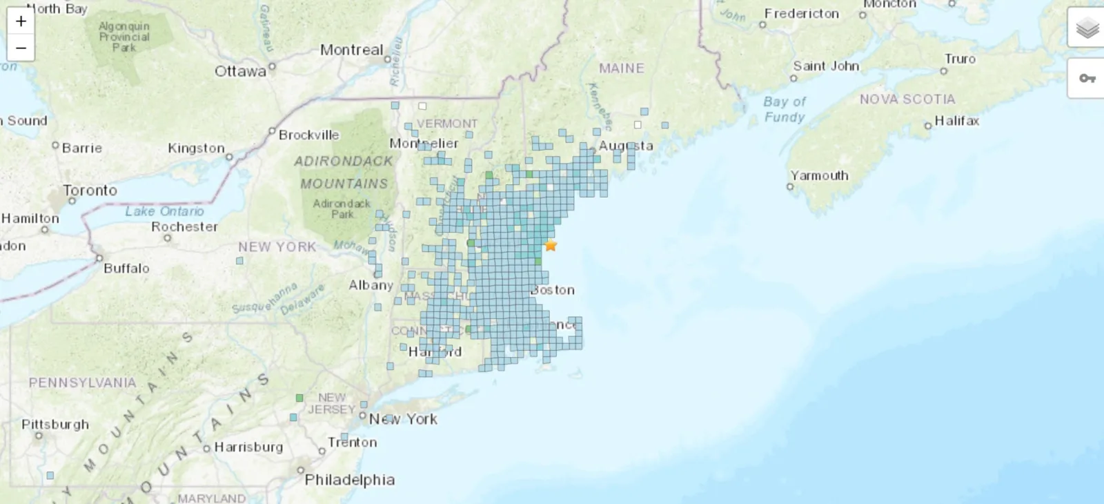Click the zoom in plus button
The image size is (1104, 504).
click(21, 21)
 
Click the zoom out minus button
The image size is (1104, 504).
click(21, 48)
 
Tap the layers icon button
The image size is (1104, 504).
click(1087, 28)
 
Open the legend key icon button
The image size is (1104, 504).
click(1087, 78)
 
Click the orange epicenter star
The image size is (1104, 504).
click(551, 245)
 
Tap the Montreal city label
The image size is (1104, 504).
click(351, 50)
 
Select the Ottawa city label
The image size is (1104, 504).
click(240, 71)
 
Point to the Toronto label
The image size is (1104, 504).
click(90, 190)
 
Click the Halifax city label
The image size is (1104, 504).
click(956, 121)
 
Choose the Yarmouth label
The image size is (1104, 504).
click(819, 175)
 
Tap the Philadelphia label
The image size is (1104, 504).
click(350, 480)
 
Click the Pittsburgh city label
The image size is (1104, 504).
click(55, 424)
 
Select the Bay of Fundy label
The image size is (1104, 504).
click(785, 109)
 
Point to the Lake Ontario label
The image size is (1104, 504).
click(164, 211)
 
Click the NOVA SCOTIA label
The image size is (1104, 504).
click(907, 99)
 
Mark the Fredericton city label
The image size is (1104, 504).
click(802, 13)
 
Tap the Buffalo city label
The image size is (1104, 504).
click(126, 268)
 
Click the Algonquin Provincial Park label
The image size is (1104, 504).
click(124, 37)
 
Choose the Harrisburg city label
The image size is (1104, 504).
click(248, 447)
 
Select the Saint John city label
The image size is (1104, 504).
click(826, 66)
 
